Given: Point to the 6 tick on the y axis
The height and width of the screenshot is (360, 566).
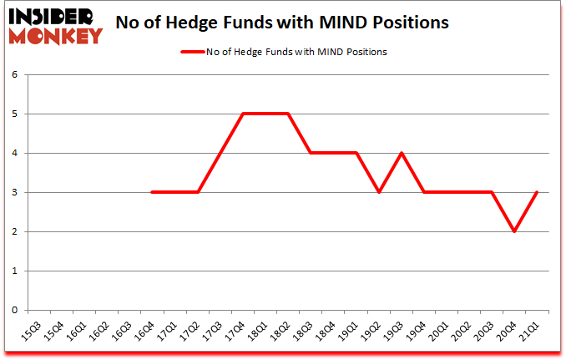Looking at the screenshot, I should tap(14, 74).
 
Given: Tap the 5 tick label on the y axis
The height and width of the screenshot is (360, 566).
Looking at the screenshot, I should tap(14, 114).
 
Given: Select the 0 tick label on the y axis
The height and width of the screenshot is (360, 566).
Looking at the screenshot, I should tap(14, 310).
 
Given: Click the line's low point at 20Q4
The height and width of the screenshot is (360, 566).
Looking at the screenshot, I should tap(514, 231).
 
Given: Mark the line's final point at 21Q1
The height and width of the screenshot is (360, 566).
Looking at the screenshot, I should tap(537, 192).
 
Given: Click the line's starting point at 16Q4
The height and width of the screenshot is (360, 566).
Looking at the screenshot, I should tap(153, 192).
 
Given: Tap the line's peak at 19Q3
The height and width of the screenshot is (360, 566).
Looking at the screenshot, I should tap(402, 153).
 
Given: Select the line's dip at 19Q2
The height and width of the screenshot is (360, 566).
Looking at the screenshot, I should tap(379, 192).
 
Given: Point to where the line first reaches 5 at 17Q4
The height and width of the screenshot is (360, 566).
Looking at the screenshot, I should tap(243, 114).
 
